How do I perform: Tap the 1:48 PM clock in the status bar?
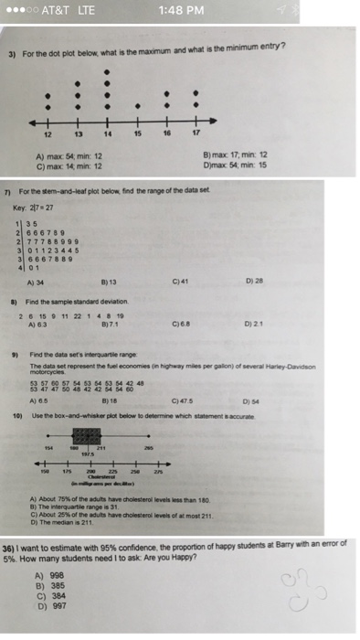pos(178,11)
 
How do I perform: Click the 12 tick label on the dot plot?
pos(48,133)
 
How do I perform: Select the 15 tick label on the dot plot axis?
pos(137,133)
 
